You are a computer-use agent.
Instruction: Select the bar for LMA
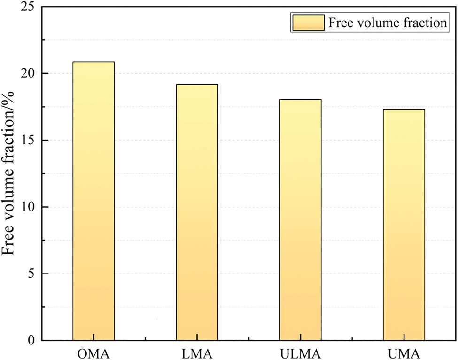point(197,212)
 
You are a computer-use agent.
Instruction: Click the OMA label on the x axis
point(93,353)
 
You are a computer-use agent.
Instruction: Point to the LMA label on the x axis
point(197,353)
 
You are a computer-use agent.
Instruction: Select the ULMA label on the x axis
point(300,353)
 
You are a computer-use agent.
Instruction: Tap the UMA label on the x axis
point(404,353)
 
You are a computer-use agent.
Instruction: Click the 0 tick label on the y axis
point(31,340)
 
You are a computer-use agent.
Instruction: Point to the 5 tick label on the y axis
point(31,274)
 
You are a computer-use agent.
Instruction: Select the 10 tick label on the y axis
point(28,207)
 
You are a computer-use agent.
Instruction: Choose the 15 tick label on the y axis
point(28,140)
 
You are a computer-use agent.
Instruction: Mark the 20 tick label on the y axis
point(28,73)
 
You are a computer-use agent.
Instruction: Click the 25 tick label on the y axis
point(28,7)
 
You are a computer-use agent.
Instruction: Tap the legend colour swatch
point(308,23)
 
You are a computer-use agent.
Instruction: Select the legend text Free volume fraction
point(387,23)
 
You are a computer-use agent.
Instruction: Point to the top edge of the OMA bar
point(93,62)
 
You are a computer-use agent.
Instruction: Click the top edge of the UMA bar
point(404,110)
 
